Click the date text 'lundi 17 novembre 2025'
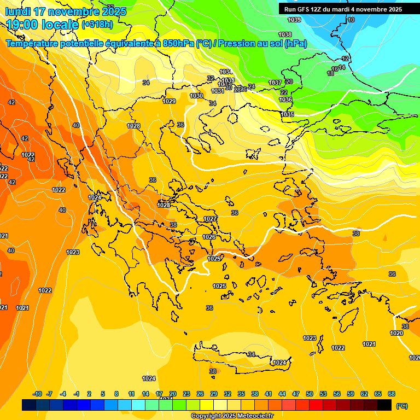[65, 11]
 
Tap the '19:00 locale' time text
[42, 25]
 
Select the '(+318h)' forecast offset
[97, 25]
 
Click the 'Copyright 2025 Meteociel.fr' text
[232, 416]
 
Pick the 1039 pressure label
[294, 20]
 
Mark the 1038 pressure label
[285, 34]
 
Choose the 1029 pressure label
[169, 101]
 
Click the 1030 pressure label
[196, 96]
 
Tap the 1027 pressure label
[210, 219]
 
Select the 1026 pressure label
[209, 237]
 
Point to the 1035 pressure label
[288, 114]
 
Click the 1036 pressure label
[285, 100]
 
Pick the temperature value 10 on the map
[351, 20]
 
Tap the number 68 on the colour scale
[392, 394]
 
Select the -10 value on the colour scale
[38, 394]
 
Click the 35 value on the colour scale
[241, 394]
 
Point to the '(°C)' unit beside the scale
[402, 406]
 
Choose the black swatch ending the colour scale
[384, 405]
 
